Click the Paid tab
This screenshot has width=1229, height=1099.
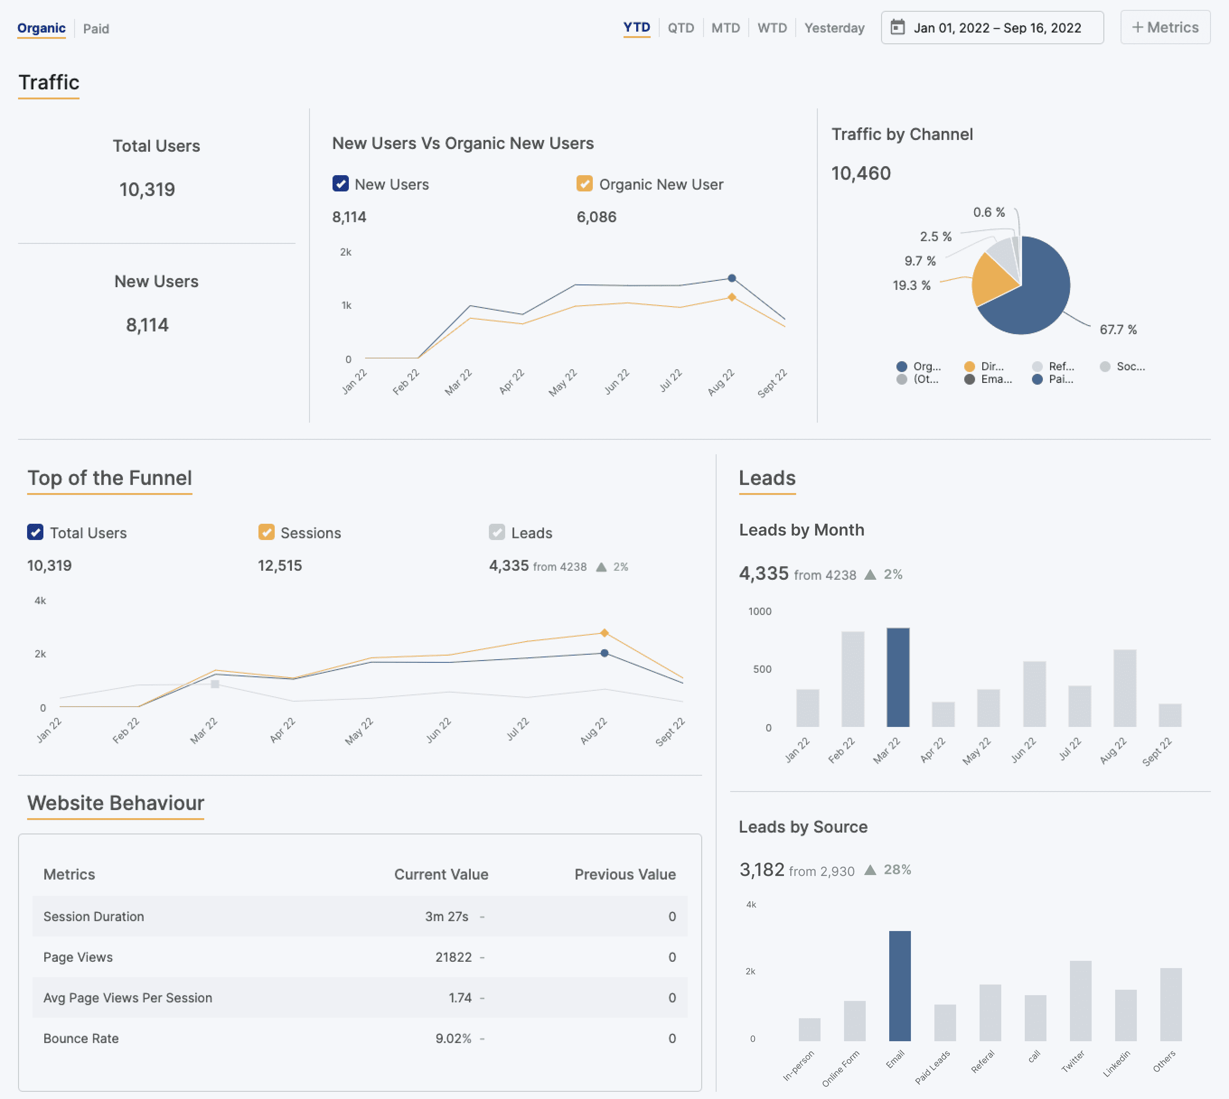tap(96, 28)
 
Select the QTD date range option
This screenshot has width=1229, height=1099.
tap(680, 28)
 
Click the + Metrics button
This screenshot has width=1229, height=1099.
tap(1164, 27)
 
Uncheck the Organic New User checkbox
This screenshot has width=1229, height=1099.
tap(584, 184)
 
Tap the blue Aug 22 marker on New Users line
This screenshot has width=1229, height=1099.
tap(731, 279)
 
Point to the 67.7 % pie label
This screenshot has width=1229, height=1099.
tap(1117, 330)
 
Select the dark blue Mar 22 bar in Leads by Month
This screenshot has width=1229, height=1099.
tap(897, 678)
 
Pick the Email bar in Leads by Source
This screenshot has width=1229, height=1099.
tap(899, 986)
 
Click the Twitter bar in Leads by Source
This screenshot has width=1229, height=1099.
tap(1080, 1001)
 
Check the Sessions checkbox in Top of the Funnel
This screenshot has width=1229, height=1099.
tap(266, 532)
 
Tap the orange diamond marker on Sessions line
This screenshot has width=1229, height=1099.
tap(604, 633)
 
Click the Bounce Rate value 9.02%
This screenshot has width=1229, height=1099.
tap(453, 1038)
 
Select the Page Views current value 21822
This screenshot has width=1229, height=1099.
tap(453, 957)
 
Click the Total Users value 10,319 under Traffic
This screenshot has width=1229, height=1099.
tap(147, 190)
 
